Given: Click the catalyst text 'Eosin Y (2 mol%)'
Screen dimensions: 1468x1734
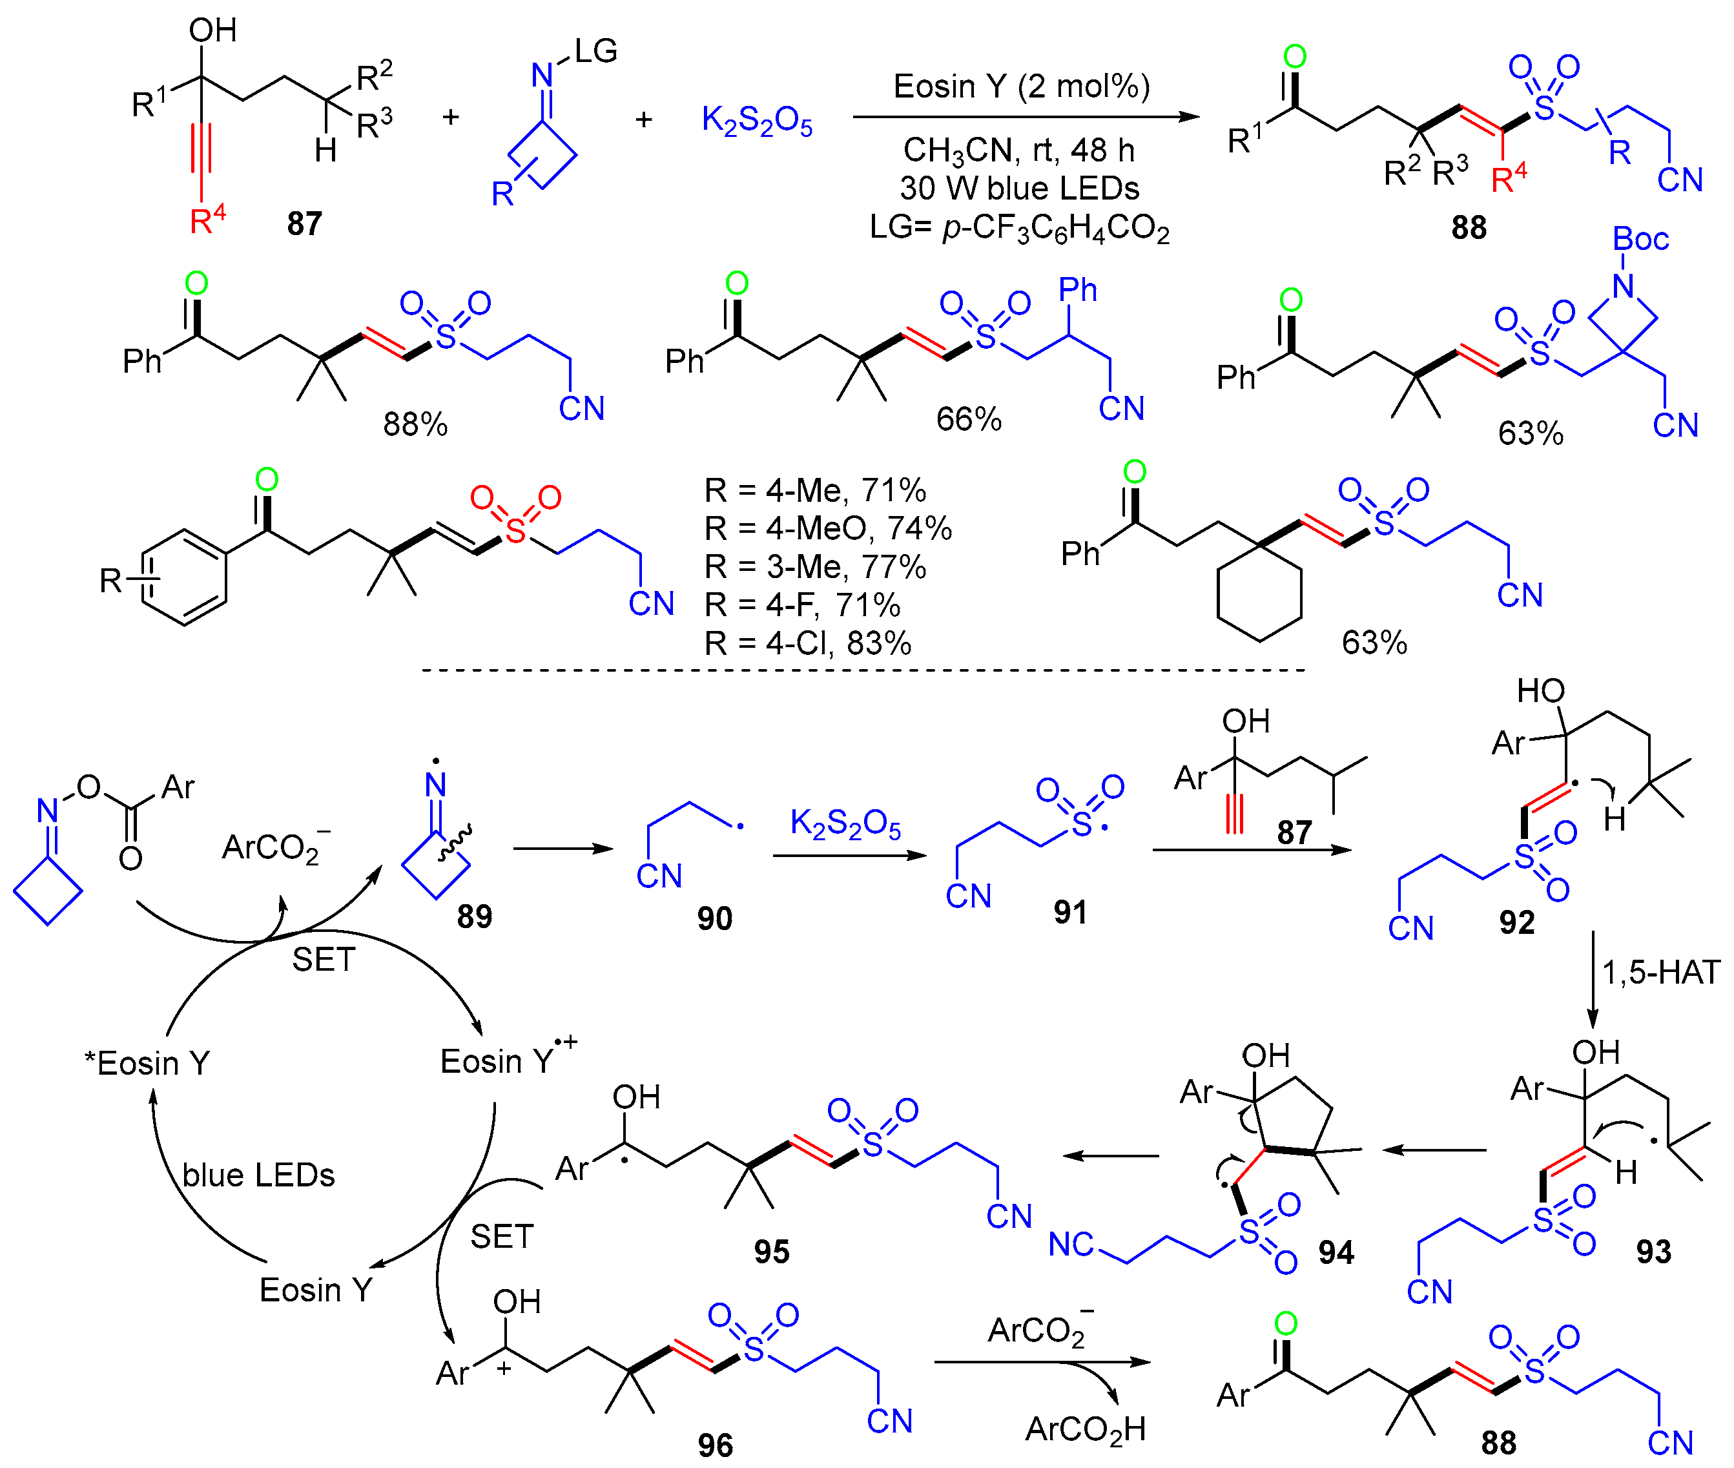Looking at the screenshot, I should pyautogui.click(x=1021, y=87).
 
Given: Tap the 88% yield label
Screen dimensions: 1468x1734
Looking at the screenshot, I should pyautogui.click(x=415, y=424).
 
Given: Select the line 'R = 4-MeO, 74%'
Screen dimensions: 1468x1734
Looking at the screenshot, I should pyautogui.click(x=827, y=528).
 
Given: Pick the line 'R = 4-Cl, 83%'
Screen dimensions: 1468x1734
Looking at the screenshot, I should pyautogui.click(x=807, y=643).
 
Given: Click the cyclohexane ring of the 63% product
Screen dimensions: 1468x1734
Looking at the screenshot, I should pyautogui.click(x=1258, y=594).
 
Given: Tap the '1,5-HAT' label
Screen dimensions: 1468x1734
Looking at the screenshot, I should pyautogui.click(x=1660, y=972).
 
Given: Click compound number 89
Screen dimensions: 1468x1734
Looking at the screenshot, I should pyautogui.click(x=474, y=916).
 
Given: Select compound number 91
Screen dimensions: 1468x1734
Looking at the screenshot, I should pyautogui.click(x=1070, y=912).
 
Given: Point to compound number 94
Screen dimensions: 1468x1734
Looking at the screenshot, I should pyautogui.click(x=1336, y=1252).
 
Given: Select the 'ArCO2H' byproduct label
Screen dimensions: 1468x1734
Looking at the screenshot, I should pyautogui.click(x=1085, y=1428).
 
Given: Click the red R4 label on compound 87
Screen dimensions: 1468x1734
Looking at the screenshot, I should pyautogui.click(x=207, y=220).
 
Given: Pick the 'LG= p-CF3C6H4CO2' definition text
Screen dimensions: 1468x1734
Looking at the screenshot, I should pyautogui.click(x=1019, y=227).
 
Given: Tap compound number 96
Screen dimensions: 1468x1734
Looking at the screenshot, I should pyautogui.click(x=715, y=1445).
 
